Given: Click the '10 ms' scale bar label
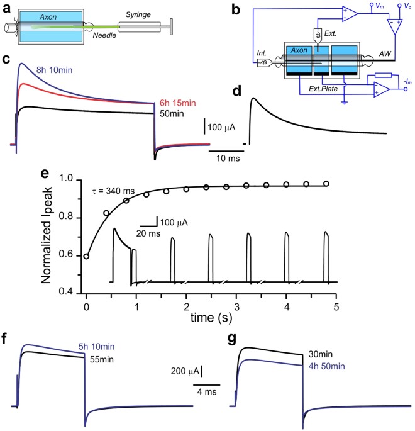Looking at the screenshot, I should tap(227, 156).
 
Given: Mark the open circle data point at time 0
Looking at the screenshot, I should tap(87, 256).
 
